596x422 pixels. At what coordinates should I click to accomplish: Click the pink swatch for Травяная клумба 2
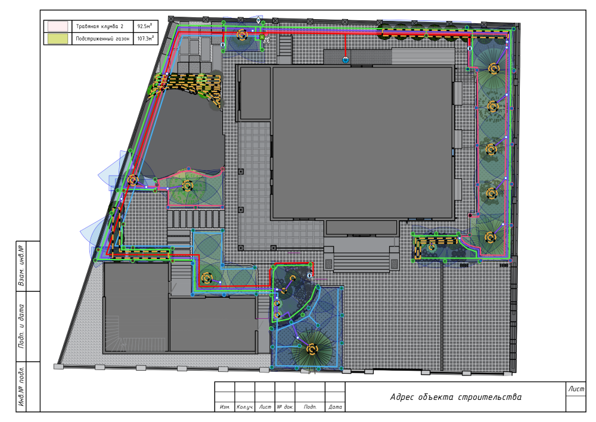pyautogui.click(x=57, y=26)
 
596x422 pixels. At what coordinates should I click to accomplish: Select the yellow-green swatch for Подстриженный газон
pyautogui.click(x=57, y=38)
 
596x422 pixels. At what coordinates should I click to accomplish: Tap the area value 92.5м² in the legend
pyautogui.click(x=145, y=26)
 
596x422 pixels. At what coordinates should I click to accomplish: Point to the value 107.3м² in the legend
pyautogui.click(x=145, y=38)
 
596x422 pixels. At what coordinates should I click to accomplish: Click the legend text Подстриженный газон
pyautogui.click(x=103, y=38)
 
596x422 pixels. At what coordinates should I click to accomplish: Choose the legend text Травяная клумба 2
pyautogui.click(x=100, y=26)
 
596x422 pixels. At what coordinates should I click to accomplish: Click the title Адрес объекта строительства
pyautogui.click(x=455, y=397)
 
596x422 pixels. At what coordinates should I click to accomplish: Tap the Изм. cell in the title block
pyautogui.click(x=225, y=406)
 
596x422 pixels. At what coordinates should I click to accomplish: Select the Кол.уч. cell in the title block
pyautogui.click(x=245, y=406)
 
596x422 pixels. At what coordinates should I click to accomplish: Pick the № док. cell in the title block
pyautogui.click(x=285, y=406)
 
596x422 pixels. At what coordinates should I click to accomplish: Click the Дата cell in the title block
pyautogui.click(x=335, y=406)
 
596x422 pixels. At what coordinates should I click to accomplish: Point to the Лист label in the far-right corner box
pyautogui.click(x=576, y=389)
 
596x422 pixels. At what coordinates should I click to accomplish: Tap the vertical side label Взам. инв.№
pyautogui.click(x=21, y=266)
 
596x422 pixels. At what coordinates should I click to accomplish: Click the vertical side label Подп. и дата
pyautogui.click(x=21, y=326)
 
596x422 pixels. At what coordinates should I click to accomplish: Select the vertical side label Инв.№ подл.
pyautogui.click(x=21, y=386)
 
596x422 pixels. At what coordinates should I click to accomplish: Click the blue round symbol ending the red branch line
pyautogui.click(x=346, y=60)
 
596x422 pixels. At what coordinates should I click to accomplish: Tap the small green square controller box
pyautogui.click(x=262, y=37)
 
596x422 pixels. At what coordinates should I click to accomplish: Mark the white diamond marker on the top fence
pyautogui.click(x=259, y=20)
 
